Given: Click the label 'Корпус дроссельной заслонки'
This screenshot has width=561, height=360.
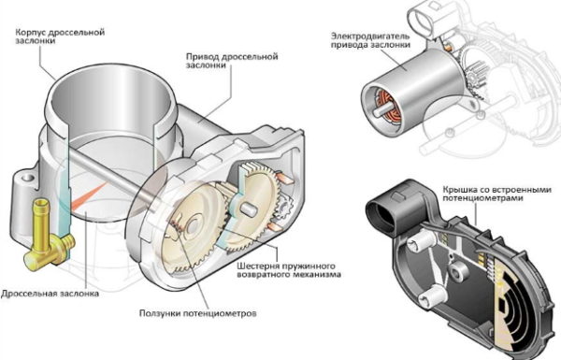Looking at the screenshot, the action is pos(60,36).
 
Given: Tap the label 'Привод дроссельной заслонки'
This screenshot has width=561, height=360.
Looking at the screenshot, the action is pos(232,61).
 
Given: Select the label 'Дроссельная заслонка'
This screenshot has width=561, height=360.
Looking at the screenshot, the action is pos(50,294).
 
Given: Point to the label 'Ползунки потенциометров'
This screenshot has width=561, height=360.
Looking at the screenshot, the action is pos(198,313).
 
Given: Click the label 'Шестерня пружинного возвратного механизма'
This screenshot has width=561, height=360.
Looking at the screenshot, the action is pos(289,270).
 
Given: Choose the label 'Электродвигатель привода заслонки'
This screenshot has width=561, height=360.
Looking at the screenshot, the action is pos(370,40).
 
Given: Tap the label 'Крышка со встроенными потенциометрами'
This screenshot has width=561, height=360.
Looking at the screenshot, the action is pos(497,194).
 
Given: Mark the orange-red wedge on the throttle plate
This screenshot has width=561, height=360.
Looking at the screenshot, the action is pos(89,196).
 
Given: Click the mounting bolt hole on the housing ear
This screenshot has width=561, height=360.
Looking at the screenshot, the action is pos(27,178).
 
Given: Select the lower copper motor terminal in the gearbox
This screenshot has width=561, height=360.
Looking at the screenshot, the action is pos(276,226).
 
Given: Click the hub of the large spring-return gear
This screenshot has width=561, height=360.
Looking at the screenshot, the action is pos(194,225).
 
